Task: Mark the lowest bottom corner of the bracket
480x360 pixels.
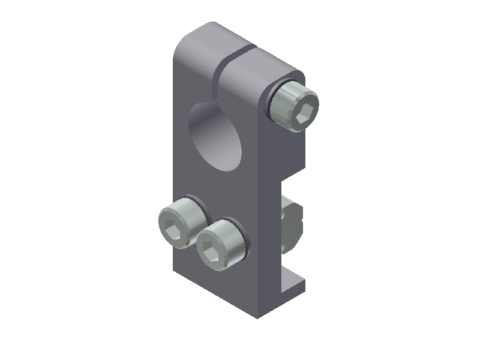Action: click(258, 316)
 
